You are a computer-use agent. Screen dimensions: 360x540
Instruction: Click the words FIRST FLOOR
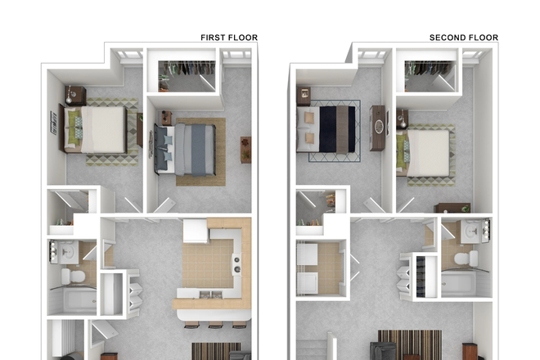pyautogui.click(x=229, y=38)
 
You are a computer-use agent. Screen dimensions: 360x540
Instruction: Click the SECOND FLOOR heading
pyautogui.click(x=463, y=38)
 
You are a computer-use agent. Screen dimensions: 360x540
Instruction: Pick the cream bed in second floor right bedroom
pyautogui.click(x=426, y=152)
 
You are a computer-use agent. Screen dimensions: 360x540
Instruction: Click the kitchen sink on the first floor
pyautogui.click(x=205, y=295)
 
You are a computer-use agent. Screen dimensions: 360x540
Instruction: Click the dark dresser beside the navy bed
pyautogui.click(x=376, y=128)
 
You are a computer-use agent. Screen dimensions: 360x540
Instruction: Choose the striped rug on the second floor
pyautogui.click(x=409, y=343)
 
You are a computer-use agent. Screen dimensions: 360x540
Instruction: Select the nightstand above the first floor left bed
pyautogui.click(x=76, y=96)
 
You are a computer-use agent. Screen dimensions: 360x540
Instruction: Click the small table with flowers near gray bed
pyautogui.click(x=245, y=149)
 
